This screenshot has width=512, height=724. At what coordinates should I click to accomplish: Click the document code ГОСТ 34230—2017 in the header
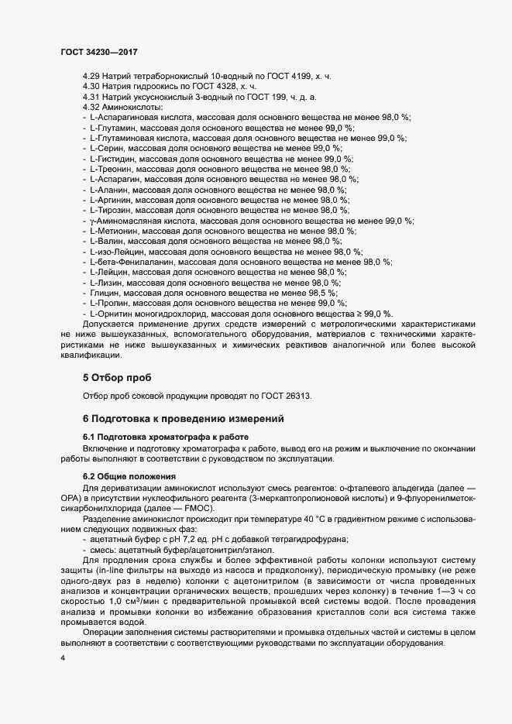coord(99,51)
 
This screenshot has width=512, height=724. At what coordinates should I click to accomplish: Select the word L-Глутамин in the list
coord(112,127)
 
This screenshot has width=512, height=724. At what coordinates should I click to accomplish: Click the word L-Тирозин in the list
coord(109,210)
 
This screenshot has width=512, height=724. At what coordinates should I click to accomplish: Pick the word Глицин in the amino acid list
coord(105,293)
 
